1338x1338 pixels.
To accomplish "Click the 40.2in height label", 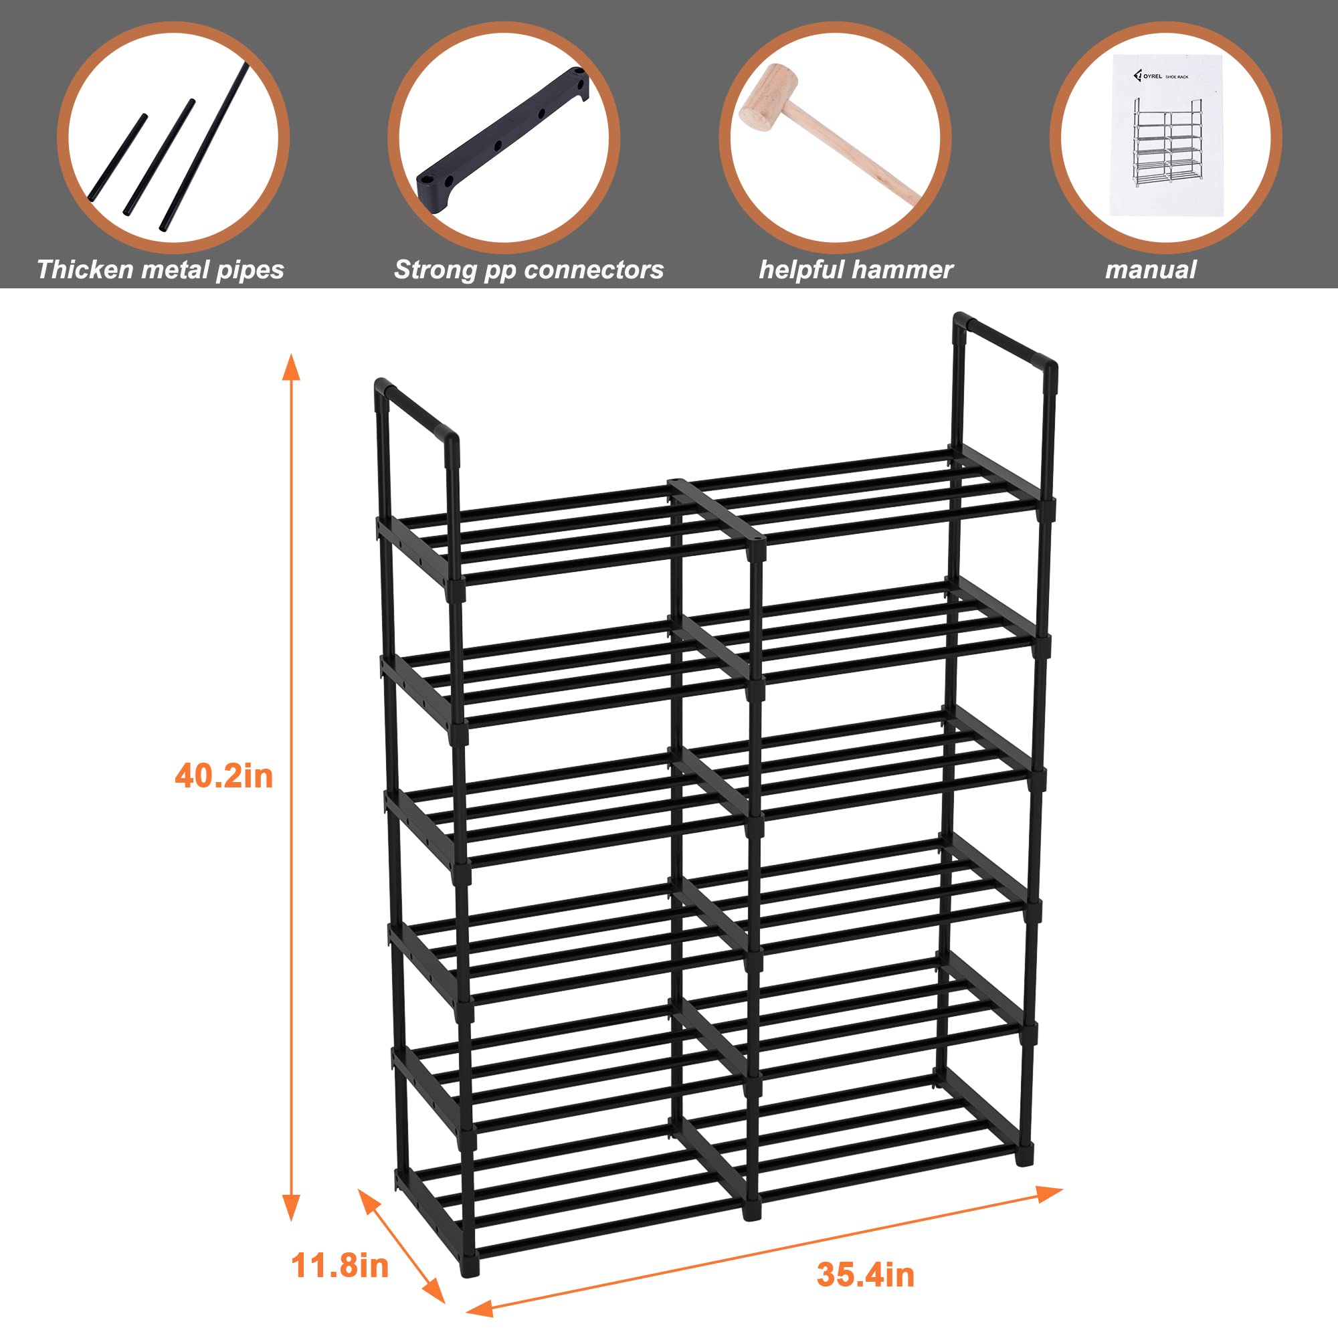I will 223,775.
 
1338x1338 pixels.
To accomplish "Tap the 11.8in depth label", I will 339,1265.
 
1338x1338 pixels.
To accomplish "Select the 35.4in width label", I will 865,1274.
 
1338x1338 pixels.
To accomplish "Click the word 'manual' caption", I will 1150,270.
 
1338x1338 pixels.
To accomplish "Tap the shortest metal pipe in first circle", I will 118,158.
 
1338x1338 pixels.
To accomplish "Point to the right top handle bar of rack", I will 1004,339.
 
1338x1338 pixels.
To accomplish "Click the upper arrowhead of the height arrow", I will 292,367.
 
